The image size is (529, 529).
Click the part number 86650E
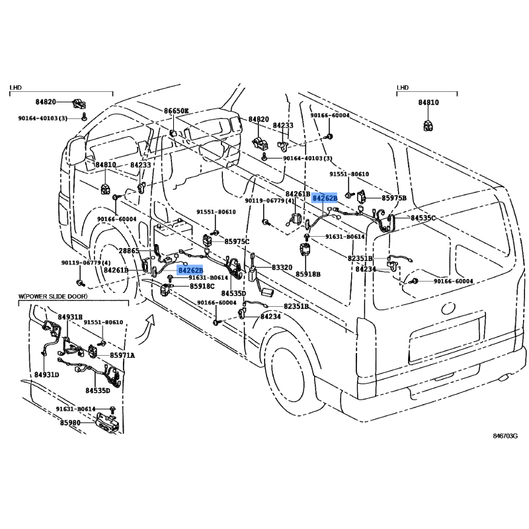[177, 112]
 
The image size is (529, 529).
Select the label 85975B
[394, 197]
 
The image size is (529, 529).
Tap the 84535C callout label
[424, 218]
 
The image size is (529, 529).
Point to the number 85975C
[237, 242]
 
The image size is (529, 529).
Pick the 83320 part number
[282, 267]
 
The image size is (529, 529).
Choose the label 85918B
[308, 274]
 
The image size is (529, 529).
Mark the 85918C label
[202, 286]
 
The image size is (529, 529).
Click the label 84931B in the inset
[70, 318]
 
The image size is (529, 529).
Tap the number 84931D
[47, 375]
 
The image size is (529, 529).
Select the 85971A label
[122, 356]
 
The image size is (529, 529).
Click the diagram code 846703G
[505, 436]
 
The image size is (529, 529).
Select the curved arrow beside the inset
[150, 323]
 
